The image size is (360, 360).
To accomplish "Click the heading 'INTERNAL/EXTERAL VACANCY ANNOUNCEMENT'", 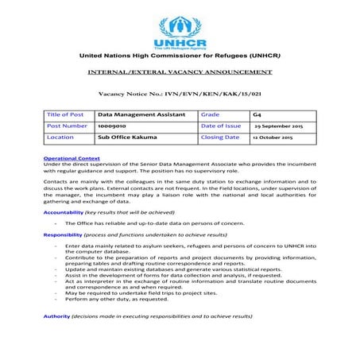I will [180, 72].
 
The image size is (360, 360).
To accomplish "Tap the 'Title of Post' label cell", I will [65, 114].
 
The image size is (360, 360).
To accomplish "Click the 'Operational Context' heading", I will [72, 158].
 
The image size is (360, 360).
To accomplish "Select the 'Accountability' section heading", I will [63, 213].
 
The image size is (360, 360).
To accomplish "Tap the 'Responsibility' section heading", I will [63, 235].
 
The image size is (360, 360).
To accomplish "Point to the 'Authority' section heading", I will [56, 316].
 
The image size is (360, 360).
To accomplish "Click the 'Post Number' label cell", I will [67, 126].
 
